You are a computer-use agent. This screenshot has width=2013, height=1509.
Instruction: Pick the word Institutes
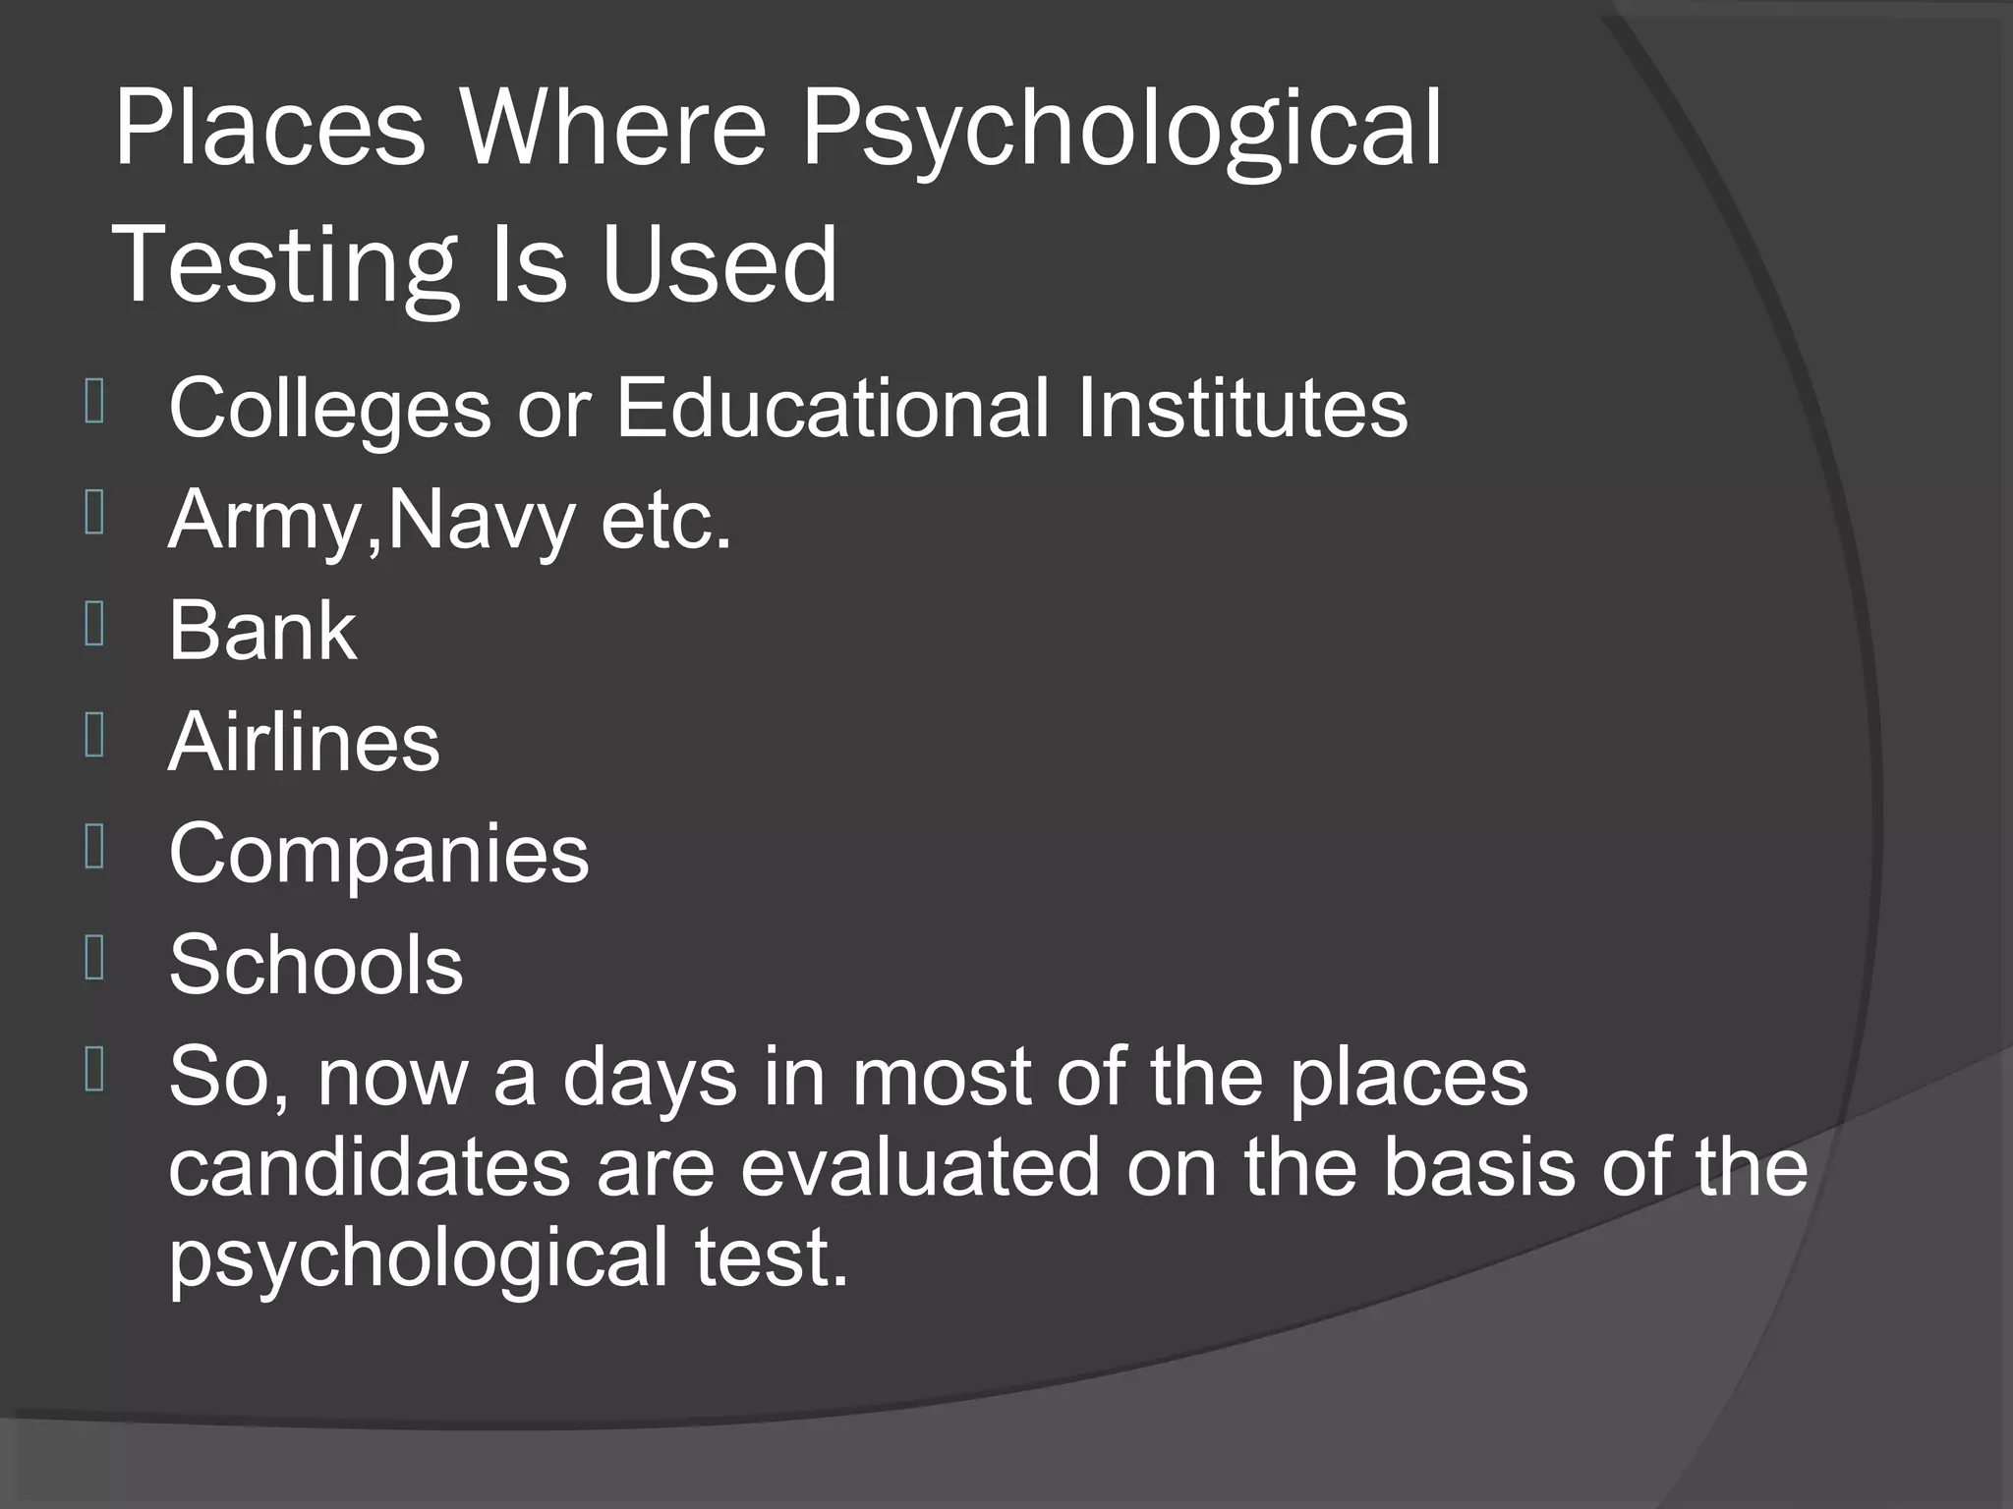1242,407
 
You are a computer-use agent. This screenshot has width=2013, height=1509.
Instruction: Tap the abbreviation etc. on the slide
666,521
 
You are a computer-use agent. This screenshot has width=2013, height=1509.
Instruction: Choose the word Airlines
304,742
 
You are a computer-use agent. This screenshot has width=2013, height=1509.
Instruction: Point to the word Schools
316,965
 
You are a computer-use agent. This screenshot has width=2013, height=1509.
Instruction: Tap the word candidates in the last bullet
370,1168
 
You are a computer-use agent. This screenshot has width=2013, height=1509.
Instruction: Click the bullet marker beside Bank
94,626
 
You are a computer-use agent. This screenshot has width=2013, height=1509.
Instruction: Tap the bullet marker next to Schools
94,960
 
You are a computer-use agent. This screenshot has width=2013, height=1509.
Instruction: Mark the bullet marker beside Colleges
94,402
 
